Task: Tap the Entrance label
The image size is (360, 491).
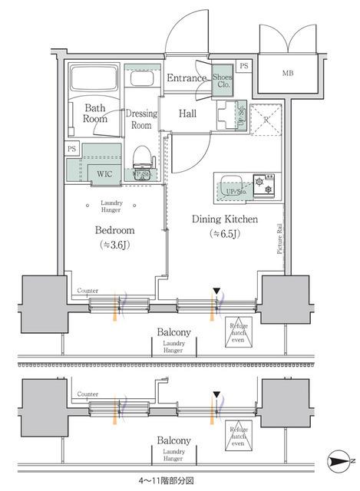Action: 187,78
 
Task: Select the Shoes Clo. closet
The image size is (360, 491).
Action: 223,80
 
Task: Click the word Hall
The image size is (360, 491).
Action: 187,114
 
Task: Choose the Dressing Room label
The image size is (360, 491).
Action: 141,119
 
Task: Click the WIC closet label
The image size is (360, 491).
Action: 104,173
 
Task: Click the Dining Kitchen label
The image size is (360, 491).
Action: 224,220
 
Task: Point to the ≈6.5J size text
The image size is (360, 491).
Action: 224,234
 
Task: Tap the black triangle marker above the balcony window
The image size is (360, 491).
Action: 216,291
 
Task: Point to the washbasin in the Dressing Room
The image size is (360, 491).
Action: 141,78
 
